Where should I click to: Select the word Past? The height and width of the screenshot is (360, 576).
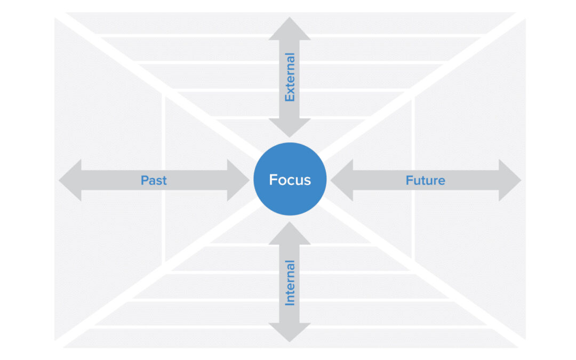tap(154, 180)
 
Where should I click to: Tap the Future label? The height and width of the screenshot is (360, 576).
tap(425, 180)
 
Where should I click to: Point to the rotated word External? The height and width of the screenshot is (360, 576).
tap(290, 77)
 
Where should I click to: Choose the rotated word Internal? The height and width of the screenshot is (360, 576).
tap(290, 283)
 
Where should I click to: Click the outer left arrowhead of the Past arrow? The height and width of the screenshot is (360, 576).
tap(70, 180)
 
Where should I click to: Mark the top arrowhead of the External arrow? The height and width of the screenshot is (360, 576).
tap(290, 29)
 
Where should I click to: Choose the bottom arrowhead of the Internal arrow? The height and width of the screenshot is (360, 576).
tap(290, 332)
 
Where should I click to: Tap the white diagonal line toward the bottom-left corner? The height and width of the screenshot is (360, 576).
tap(133, 291)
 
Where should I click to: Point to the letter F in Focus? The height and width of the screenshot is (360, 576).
tap(273, 180)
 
